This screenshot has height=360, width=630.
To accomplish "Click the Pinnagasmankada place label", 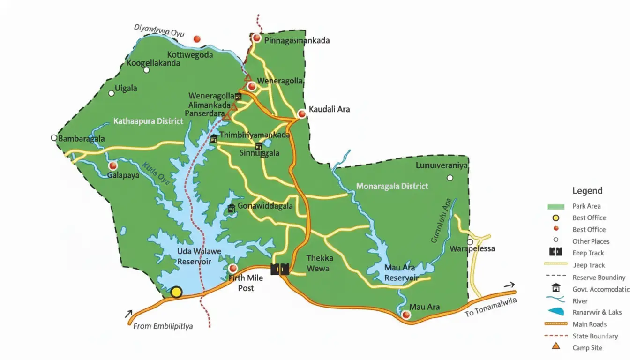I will (297, 40).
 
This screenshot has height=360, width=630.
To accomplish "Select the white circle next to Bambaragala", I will (54, 138).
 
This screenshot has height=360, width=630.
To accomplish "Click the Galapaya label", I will (123, 175).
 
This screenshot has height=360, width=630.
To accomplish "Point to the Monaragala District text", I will (392, 186).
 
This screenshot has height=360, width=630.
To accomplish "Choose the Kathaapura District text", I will (148, 121).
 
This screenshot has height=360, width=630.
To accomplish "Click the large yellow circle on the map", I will (176, 292).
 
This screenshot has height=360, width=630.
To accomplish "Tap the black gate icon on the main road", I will (280, 269).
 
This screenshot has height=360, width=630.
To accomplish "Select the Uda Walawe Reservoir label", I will (199, 256).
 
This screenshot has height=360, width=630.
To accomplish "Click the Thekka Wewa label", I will (319, 263).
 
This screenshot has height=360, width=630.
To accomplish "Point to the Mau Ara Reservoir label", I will (401, 273).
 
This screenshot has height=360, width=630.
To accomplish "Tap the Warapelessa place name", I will (472, 248).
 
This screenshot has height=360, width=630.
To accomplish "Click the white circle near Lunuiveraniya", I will (450, 178).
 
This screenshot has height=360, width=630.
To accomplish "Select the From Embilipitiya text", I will (163, 326).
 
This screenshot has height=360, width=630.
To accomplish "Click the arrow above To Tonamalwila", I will (509, 285).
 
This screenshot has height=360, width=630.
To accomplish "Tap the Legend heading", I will (587, 191).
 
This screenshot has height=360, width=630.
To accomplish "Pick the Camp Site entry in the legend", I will (587, 348).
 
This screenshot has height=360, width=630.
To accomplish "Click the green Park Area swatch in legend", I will (555, 206).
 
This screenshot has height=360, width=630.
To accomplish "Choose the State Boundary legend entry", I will (595, 336).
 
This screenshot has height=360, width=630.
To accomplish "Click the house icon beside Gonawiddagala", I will (231, 208).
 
